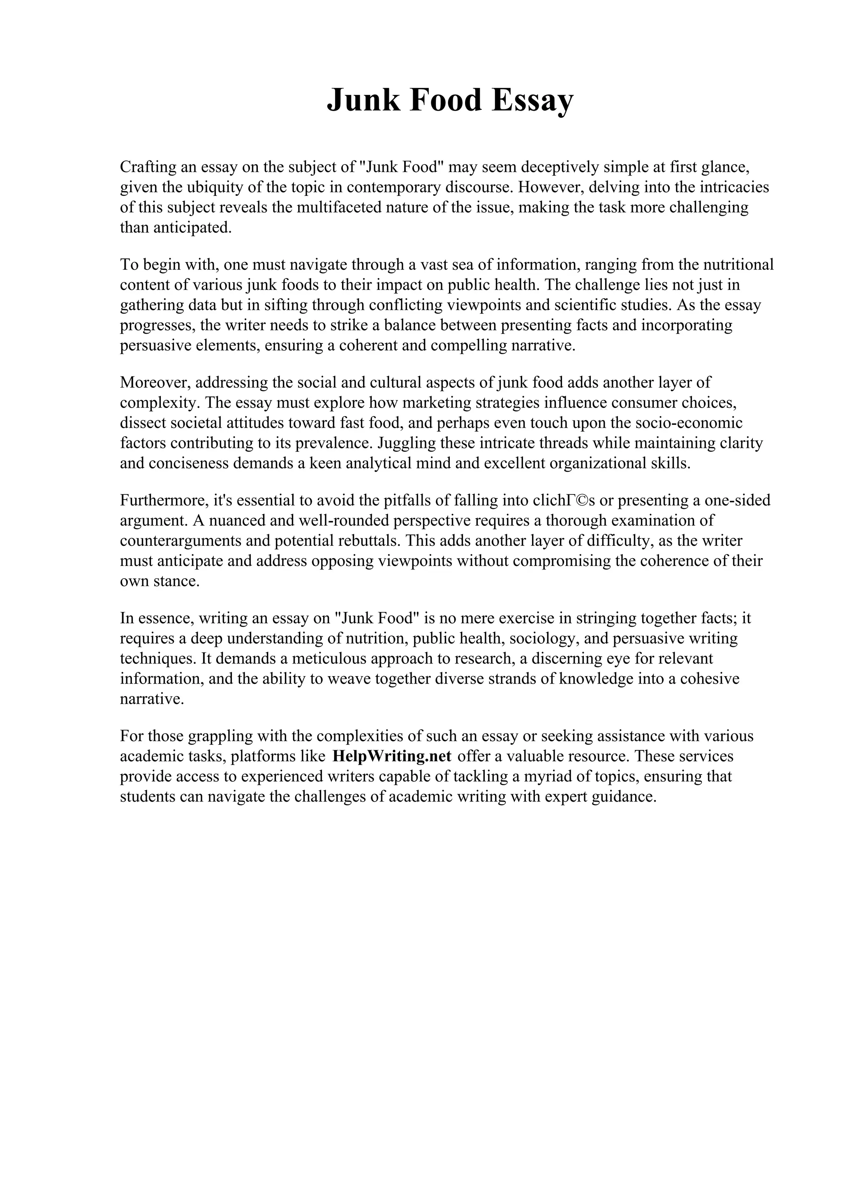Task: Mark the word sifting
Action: pos(285,305)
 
